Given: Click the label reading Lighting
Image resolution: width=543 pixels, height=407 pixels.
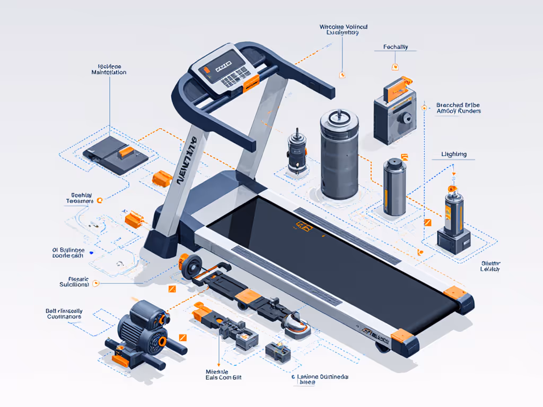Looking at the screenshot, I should pyautogui.click(x=454, y=154).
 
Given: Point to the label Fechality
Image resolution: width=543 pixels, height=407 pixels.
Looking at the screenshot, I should pyautogui.click(x=395, y=47).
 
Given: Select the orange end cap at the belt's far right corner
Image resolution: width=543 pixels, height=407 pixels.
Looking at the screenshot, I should pyautogui.click(x=454, y=292).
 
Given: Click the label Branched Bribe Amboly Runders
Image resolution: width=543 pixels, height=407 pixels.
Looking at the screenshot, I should pyautogui.click(x=458, y=108).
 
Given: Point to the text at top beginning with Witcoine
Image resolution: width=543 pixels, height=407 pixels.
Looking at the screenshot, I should pyautogui.click(x=343, y=30).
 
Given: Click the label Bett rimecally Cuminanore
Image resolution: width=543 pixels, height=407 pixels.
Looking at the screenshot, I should pyautogui.click(x=64, y=313).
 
